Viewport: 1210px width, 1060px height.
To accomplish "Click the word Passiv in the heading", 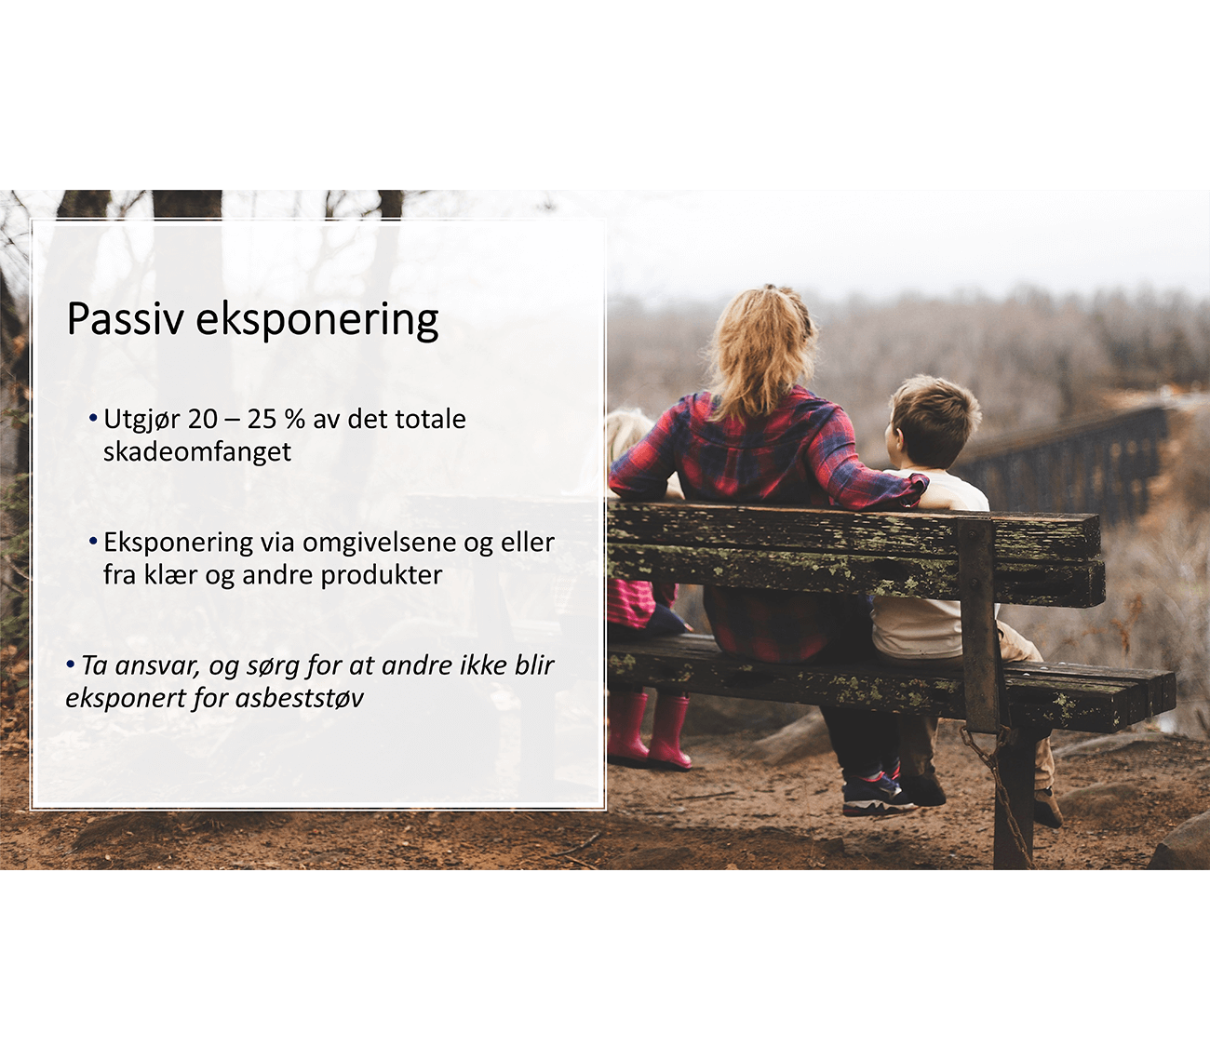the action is point(125,319).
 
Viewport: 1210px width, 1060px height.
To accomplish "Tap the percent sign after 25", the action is point(294,420).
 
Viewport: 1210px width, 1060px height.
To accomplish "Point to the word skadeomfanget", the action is point(197,452).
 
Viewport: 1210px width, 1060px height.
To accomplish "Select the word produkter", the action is point(382,576).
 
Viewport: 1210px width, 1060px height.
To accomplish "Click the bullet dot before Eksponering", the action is point(92,542).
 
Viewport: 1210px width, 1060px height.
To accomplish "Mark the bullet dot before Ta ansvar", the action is point(71,664).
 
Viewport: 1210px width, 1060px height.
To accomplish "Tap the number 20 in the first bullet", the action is point(203,420).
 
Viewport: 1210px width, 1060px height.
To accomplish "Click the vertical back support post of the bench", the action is point(978,621).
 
